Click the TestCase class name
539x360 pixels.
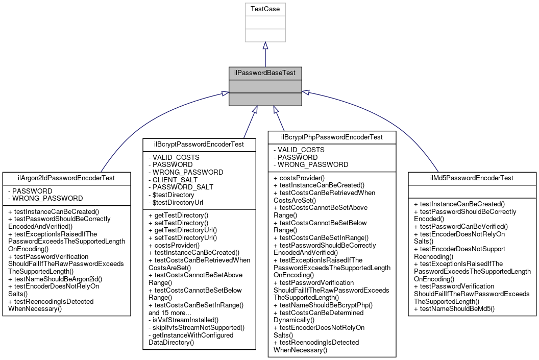pyautogui.click(x=265, y=9)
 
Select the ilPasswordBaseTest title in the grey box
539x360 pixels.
pyautogui.click(x=265, y=73)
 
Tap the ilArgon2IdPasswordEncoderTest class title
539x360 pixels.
pyautogui.click(x=66, y=178)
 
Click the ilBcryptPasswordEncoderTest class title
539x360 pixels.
pyautogui.click(x=199, y=145)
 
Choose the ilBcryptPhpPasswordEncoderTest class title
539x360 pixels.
pyautogui.click(x=332, y=137)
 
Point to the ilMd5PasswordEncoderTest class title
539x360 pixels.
pyautogui.click(x=472, y=178)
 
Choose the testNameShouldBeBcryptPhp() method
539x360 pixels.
pyautogui.click(x=324, y=305)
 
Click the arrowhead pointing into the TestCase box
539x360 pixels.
pyautogui.click(x=265, y=45)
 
